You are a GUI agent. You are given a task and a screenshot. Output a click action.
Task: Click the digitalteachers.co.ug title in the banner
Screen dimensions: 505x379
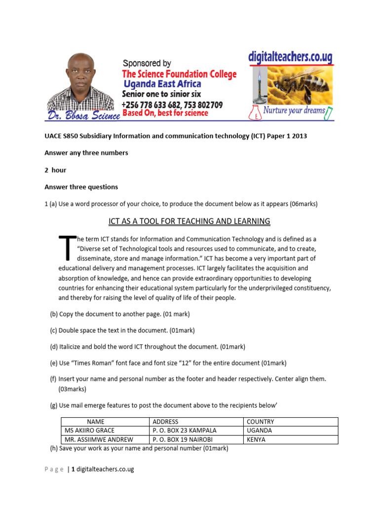tap(290, 57)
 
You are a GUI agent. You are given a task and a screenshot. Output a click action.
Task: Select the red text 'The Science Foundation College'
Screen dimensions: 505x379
tap(179, 74)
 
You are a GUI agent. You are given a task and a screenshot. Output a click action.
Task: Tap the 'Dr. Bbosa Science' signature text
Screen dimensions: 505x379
tap(83, 115)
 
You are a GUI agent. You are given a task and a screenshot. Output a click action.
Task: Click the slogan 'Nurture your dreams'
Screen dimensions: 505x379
tap(294, 110)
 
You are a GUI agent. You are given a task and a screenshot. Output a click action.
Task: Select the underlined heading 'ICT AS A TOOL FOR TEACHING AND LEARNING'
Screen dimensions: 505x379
tap(189, 221)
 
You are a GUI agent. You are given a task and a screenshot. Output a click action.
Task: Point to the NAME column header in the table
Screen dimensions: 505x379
tap(96, 422)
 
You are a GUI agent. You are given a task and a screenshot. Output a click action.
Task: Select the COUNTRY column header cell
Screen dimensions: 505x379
tap(260, 422)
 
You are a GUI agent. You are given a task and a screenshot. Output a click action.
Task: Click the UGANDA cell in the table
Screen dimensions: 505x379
tap(259, 431)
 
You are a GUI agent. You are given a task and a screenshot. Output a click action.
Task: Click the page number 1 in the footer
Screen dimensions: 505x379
tap(73, 469)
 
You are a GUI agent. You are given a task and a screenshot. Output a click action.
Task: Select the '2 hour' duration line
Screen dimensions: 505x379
tap(55, 170)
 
